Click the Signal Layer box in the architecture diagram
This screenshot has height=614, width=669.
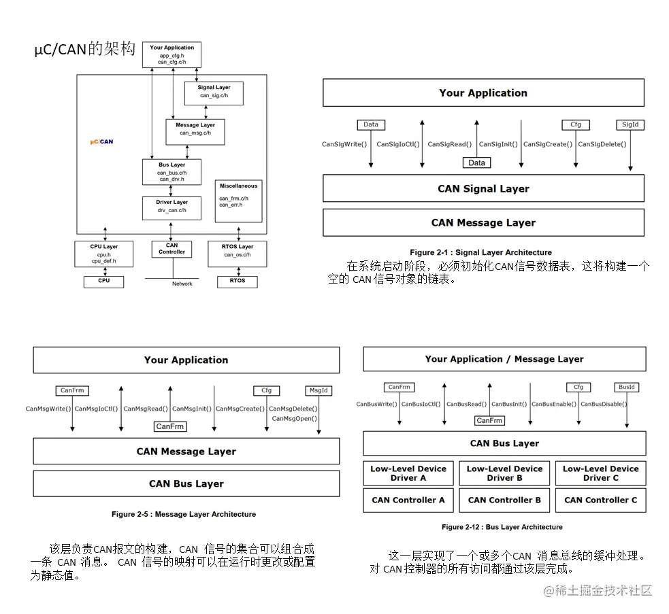(x=214, y=92)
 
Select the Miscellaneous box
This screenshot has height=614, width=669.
(x=238, y=201)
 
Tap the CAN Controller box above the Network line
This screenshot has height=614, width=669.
(x=172, y=249)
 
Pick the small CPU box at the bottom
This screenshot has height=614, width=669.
(x=103, y=281)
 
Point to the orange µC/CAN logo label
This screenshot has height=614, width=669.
(x=101, y=142)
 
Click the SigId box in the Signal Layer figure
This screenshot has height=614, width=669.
(x=630, y=125)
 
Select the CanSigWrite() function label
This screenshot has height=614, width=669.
(x=344, y=144)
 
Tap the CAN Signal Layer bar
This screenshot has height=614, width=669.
(x=483, y=188)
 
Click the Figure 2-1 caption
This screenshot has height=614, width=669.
(x=480, y=252)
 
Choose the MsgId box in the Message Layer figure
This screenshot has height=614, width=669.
(x=319, y=391)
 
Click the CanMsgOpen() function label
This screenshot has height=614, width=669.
(x=295, y=419)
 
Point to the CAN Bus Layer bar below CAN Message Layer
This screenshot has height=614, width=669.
(x=186, y=483)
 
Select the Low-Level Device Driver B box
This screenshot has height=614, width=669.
(x=504, y=473)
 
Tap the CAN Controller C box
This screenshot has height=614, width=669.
(x=600, y=500)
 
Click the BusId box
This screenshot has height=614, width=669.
(x=627, y=388)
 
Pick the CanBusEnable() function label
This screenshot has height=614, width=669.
(x=554, y=404)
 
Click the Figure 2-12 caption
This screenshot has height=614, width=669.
(x=502, y=527)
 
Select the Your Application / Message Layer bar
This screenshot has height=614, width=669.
(x=504, y=359)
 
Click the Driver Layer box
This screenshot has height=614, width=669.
(x=172, y=206)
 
